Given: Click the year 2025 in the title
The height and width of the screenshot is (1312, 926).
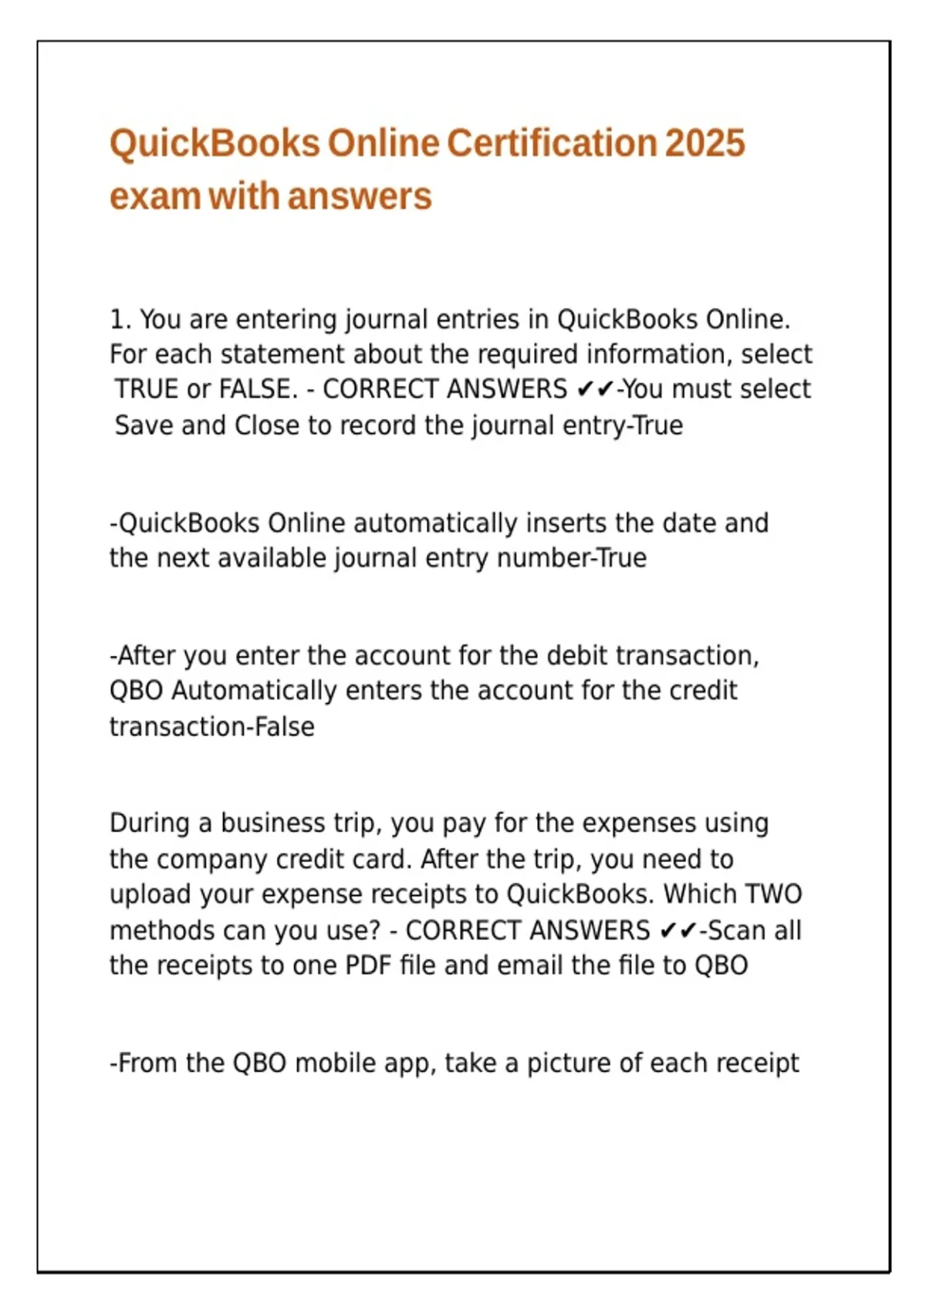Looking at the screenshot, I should [704, 144].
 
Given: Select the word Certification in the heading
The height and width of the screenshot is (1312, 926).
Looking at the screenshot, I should [551, 144].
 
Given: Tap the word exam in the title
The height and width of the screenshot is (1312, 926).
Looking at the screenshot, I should [154, 196].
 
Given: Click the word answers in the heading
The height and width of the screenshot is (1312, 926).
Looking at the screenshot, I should [360, 196].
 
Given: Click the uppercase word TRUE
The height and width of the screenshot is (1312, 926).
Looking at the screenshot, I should [147, 389].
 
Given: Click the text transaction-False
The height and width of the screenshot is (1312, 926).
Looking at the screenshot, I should [211, 726].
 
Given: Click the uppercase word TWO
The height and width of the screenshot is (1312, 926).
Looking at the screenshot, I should [773, 894].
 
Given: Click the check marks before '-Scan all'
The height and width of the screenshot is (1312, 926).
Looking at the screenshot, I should [678, 930].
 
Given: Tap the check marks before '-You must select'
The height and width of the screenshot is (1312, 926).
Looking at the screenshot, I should [595, 389].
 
